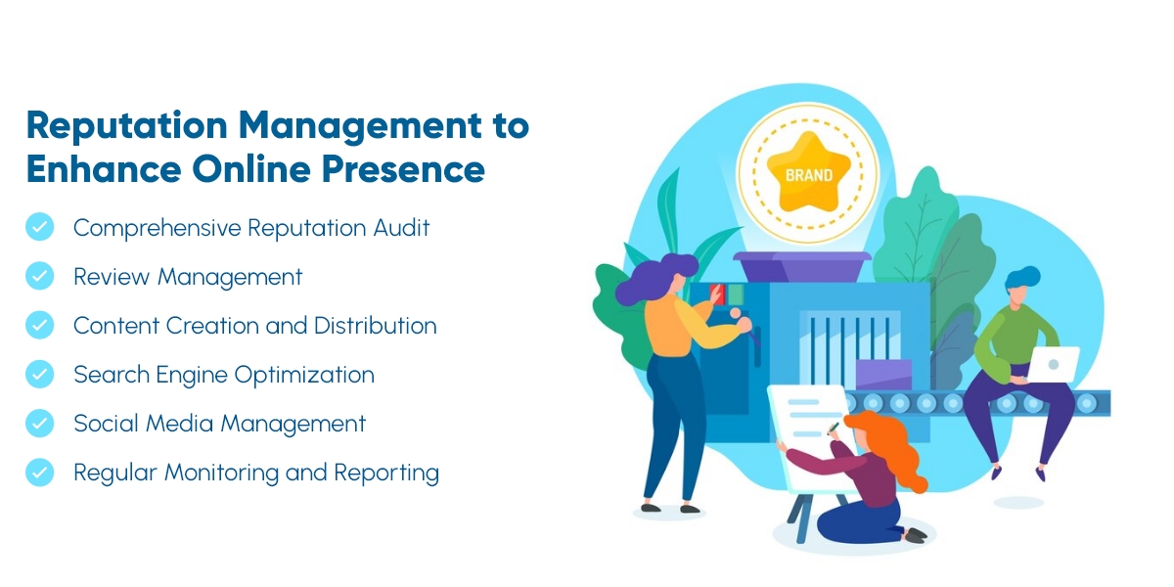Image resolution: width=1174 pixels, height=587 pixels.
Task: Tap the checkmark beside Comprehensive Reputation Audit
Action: pyautogui.click(x=40, y=228)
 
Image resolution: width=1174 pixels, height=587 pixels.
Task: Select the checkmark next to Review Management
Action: pyautogui.click(x=40, y=277)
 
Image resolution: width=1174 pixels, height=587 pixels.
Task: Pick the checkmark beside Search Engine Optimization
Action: pyautogui.click(x=40, y=374)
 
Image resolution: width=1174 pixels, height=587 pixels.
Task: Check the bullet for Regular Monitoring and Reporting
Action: pyautogui.click(x=40, y=472)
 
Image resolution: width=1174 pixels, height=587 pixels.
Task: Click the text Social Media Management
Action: pyautogui.click(x=219, y=424)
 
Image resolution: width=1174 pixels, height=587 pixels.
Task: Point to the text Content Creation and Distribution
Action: pyautogui.click(x=254, y=326)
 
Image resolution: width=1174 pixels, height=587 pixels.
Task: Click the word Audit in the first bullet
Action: pyautogui.click(x=401, y=228)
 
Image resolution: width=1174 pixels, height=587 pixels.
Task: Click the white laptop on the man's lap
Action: pyautogui.click(x=1054, y=364)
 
